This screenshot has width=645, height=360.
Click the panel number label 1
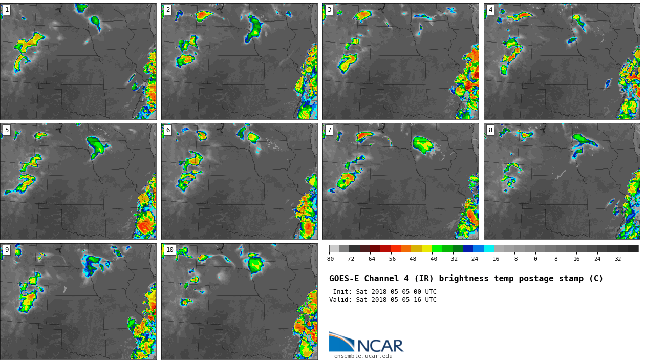pos(7,10)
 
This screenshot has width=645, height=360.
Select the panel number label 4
pos(490,10)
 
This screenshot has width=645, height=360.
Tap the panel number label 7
pos(329,130)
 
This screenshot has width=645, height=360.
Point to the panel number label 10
pos(169,250)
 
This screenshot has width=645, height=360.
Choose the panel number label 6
pos(168,130)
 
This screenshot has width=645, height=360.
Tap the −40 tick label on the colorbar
pos(432,259)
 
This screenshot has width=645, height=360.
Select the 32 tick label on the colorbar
pos(618,259)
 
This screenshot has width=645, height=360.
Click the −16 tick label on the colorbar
pos(494,259)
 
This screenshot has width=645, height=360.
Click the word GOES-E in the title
pos(344,279)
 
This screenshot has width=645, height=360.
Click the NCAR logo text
pos(380,346)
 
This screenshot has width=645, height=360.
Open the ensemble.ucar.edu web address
pos(363,356)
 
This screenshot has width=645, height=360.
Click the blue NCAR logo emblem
pos(341,342)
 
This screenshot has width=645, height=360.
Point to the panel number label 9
pos(7,250)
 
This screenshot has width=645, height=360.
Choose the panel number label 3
pos(329,10)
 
